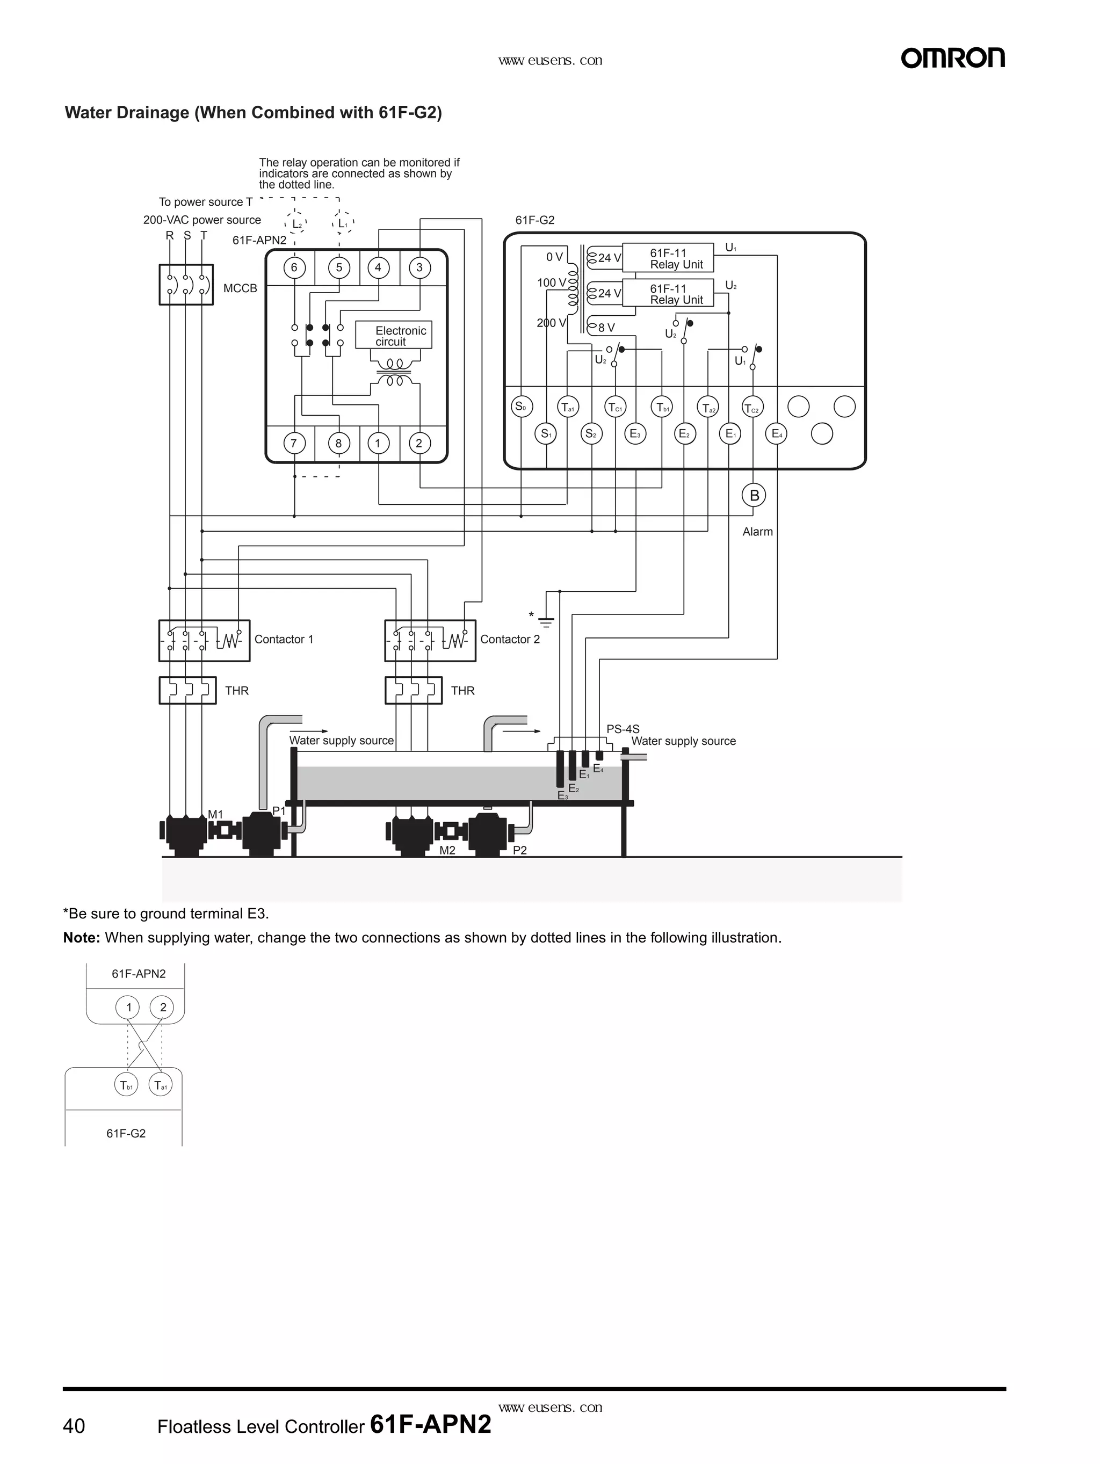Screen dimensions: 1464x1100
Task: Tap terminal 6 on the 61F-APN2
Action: (x=294, y=267)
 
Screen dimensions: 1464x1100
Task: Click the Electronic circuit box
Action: (x=394, y=336)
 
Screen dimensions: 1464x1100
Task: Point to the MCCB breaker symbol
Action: (x=186, y=285)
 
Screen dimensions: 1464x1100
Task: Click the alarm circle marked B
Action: (x=754, y=495)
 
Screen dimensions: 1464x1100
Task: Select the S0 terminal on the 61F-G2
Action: (x=522, y=407)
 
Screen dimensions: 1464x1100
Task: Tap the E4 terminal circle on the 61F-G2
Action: (x=776, y=434)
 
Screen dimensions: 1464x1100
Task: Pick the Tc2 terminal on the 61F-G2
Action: (x=752, y=408)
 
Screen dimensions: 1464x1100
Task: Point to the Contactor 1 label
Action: (x=284, y=639)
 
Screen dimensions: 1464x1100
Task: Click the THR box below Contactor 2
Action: (x=413, y=690)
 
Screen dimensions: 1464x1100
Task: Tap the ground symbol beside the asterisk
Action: (x=546, y=621)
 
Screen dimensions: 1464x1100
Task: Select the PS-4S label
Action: (x=623, y=729)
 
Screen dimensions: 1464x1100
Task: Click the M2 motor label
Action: (x=447, y=851)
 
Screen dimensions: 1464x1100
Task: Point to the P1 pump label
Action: (x=279, y=811)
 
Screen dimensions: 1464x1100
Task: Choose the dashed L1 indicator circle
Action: (x=342, y=224)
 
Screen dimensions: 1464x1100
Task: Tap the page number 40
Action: (x=74, y=1426)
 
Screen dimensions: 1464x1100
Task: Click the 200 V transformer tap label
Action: (x=551, y=323)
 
